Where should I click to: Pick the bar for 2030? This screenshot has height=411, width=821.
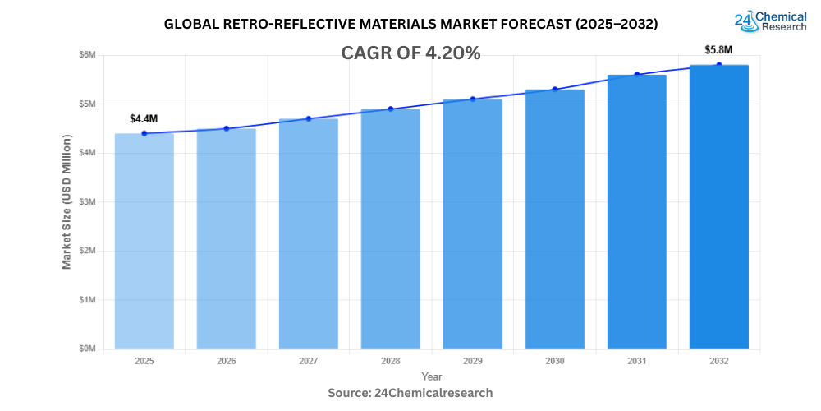[x=555, y=219]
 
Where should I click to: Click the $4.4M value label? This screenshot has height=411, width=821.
[x=144, y=119]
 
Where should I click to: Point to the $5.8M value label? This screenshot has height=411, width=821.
[x=718, y=49]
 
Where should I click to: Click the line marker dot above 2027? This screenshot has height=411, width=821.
[x=309, y=118]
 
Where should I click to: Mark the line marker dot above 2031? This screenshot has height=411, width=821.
[x=637, y=75]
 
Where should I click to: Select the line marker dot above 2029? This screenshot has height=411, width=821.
[x=473, y=99]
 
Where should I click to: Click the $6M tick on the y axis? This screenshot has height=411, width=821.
[x=86, y=55]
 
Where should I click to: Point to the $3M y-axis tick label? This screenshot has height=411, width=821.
[x=86, y=201]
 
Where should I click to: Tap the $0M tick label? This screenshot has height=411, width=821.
[x=86, y=349]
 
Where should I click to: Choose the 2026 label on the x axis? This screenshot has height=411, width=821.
[x=227, y=361]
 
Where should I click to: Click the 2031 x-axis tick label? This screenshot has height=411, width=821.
[x=637, y=361]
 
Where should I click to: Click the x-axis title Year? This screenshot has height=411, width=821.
[x=431, y=376]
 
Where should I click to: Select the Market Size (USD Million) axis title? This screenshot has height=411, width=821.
[x=67, y=201]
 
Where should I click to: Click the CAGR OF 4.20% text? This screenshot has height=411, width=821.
[x=410, y=53]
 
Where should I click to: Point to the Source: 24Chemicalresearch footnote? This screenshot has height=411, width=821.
[x=410, y=393]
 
